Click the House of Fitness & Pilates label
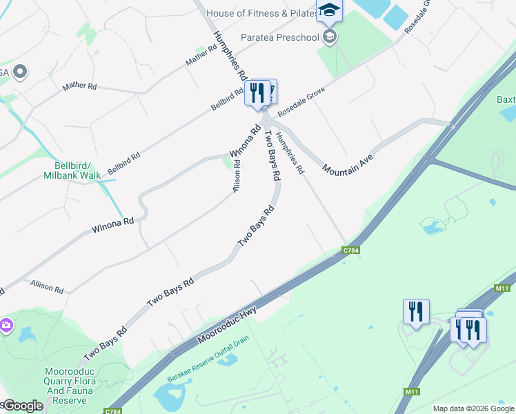pos(257,13)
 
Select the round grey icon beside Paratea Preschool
pos(330,36)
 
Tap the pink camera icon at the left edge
pos(5,324)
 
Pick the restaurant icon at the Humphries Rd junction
pos(257,92)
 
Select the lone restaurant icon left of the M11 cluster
pos(416,311)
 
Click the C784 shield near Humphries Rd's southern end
pos(351,250)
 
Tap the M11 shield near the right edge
pos(502,289)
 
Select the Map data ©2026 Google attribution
pos(474,408)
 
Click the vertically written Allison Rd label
pos(237,176)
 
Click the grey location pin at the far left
pos(19,71)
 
